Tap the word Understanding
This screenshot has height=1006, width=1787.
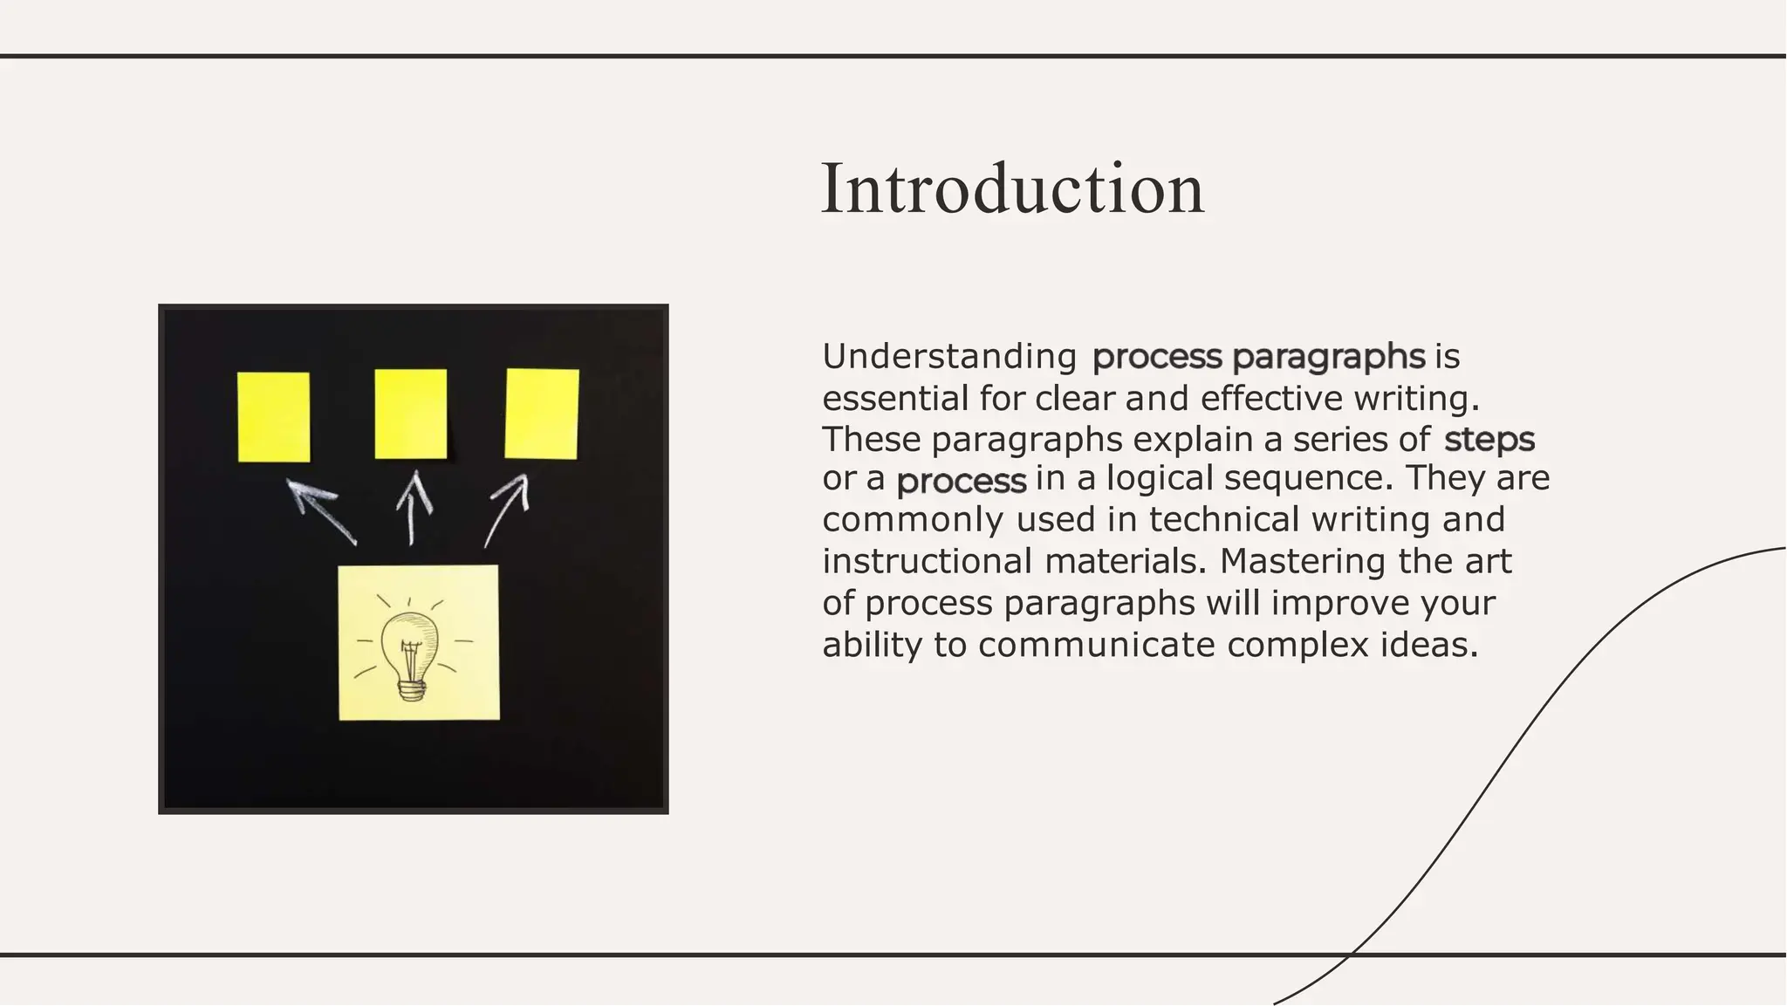pos(949,356)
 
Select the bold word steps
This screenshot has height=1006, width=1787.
pos(1489,439)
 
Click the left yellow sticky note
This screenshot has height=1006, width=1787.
pos(274,416)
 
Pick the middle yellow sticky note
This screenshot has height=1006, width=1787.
pos(410,414)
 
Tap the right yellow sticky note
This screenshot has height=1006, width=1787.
pos(542,414)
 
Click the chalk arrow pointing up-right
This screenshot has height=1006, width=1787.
pos(509,508)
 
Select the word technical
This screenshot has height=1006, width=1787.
pos(1224,519)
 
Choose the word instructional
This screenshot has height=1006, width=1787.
pos(927,560)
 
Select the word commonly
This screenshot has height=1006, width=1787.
pos(914,519)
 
